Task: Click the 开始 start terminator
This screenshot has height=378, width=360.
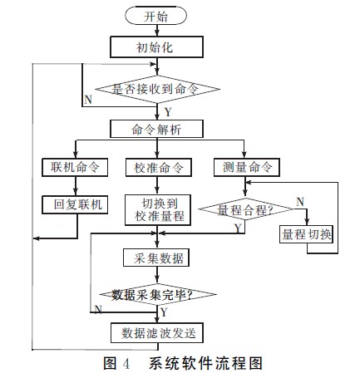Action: (x=155, y=16)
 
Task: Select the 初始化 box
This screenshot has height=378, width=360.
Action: (x=156, y=47)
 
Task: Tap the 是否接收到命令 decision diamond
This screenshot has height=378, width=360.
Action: (x=157, y=89)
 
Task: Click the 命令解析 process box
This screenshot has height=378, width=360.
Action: (x=156, y=129)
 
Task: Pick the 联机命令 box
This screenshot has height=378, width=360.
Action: (x=75, y=167)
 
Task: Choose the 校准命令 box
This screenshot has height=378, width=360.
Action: (x=159, y=167)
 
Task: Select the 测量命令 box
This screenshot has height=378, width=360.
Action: (x=247, y=167)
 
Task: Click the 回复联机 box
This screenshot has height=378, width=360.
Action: (x=75, y=204)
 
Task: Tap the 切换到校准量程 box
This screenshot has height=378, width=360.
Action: (x=158, y=210)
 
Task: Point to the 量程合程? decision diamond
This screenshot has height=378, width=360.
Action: (x=245, y=209)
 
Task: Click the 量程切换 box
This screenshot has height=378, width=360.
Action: (x=306, y=234)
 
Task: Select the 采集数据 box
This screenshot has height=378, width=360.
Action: (x=156, y=258)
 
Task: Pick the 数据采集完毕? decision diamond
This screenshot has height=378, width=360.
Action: (x=158, y=294)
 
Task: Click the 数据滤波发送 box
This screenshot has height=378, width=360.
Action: (x=157, y=332)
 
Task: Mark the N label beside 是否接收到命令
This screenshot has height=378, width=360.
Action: (x=88, y=100)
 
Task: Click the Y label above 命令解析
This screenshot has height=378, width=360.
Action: (x=168, y=112)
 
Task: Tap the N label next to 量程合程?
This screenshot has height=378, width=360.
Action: (x=300, y=202)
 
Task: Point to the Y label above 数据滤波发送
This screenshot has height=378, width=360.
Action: (x=164, y=312)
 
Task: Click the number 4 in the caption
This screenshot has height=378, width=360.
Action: (x=126, y=363)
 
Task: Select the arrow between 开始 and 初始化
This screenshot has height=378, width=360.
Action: (x=157, y=31)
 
